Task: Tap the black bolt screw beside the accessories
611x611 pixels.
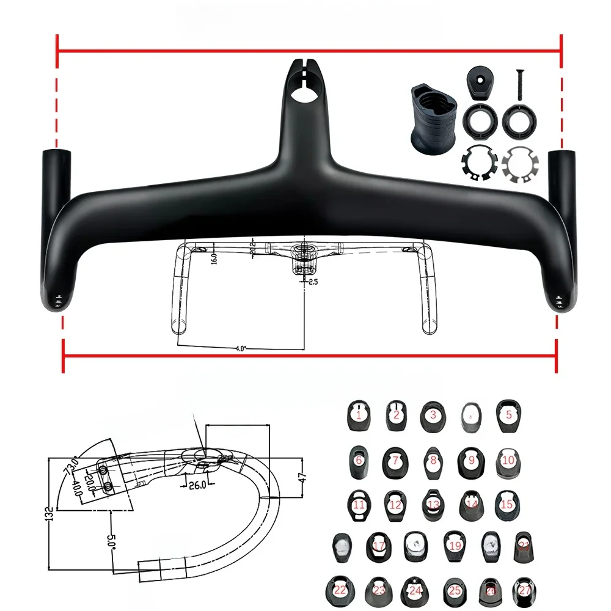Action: point(520,84)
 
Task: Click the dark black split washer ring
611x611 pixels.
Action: point(477,164)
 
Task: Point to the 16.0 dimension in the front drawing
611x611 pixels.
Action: point(214,257)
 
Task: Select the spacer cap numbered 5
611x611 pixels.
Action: point(508,415)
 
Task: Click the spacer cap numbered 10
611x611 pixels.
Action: point(507,459)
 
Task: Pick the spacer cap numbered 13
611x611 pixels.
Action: point(433,504)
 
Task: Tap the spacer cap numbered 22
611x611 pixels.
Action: point(339,590)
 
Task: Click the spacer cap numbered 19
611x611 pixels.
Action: point(453,546)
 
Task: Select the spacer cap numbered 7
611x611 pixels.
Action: point(395,460)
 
